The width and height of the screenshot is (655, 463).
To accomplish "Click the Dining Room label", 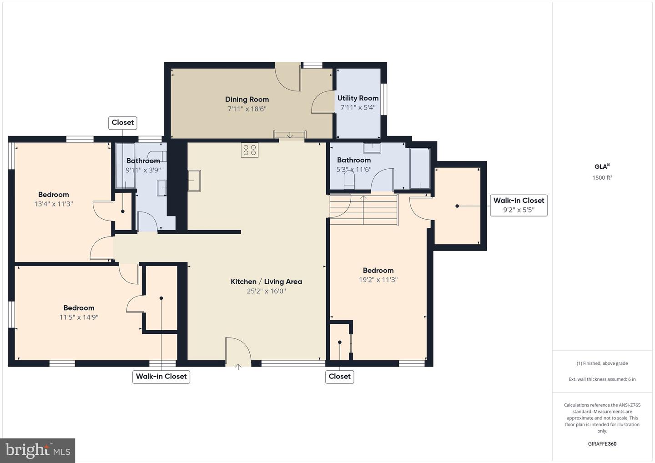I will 247,99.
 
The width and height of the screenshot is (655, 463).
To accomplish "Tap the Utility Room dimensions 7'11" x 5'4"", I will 358,108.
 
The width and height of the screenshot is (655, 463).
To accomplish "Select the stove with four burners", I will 250,150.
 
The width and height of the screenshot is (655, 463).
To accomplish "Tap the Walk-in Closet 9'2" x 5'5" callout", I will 519,205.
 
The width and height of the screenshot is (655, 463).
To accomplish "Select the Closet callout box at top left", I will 123,122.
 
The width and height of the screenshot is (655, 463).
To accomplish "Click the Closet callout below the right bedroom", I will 340,377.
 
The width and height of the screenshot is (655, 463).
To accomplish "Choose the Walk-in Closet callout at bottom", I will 161,377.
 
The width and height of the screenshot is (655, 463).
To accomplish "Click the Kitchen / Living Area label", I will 266,282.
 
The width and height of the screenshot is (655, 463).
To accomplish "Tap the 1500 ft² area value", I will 602,178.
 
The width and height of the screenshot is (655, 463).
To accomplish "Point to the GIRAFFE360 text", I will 602,444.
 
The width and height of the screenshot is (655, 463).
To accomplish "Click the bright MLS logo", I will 38,450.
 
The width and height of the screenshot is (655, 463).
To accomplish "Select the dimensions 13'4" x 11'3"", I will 54,204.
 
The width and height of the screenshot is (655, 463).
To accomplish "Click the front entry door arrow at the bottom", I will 238,366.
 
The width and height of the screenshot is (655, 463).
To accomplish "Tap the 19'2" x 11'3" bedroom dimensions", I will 378,280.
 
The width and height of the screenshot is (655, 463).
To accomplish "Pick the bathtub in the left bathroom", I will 125,166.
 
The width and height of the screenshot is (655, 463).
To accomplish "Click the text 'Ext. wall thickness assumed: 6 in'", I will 602,379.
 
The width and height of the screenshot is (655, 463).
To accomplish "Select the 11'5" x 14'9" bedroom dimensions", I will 79,317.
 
